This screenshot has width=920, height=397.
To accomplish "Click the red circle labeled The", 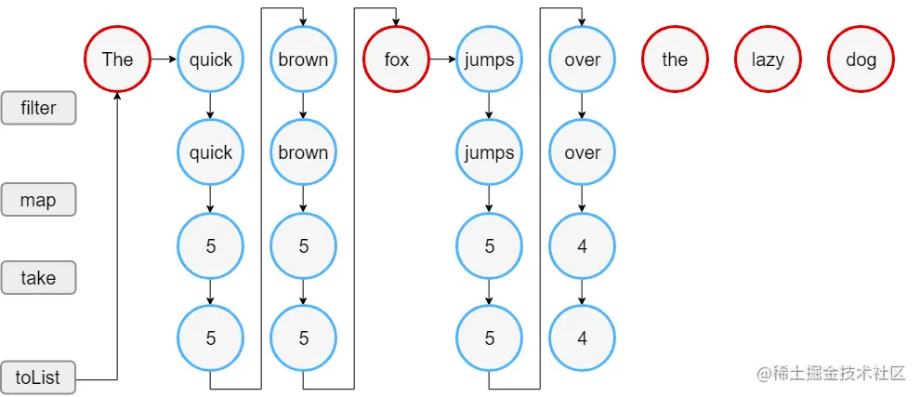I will pyautogui.click(x=117, y=60).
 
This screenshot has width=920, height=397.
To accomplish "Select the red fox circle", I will pyautogui.click(x=396, y=60).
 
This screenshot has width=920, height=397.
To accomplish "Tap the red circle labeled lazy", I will pyautogui.click(x=768, y=60).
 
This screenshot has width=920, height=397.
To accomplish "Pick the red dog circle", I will pyautogui.click(x=861, y=60).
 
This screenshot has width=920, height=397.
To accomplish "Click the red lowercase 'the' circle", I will pyautogui.click(x=675, y=60).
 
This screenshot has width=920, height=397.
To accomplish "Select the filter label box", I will pyautogui.click(x=38, y=108).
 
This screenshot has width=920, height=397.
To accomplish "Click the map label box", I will pyautogui.click(x=38, y=200).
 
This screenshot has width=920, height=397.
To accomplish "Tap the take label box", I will pyautogui.click(x=38, y=277).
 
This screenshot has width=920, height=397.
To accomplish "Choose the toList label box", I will pyautogui.click(x=38, y=377).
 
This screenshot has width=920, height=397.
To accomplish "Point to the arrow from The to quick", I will pyautogui.click(x=164, y=60).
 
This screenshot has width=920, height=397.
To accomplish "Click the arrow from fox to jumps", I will pyautogui.click(x=442, y=60).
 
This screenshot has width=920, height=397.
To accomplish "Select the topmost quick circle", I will pyautogui.click(x=210, y=60).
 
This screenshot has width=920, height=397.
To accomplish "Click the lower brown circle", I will pyautogui.click(x=303, y=152).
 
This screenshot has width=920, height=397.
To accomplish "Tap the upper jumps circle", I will pyautogui.click(x=489, y=60).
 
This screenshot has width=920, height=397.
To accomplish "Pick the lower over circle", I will pyautogui.click(x=582, y=152).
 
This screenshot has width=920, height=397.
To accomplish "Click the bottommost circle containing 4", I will pyautogui.click(x=582, y=338).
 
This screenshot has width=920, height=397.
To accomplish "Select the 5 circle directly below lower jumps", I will pyautogui.click(x=489, y=245).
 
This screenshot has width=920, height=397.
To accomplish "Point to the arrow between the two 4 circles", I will pyautogui.click(x=582, y=292).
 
